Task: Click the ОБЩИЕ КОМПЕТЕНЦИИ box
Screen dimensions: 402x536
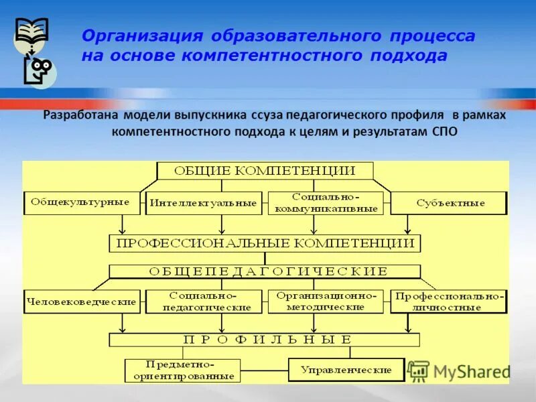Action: (x=265, y=170)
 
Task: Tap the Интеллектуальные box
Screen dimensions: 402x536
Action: (x=203, y=203)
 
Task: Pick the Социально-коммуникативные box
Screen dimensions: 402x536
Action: (x=326, y=203)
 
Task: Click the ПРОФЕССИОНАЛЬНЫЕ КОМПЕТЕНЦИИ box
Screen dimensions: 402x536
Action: (x=265, y=243)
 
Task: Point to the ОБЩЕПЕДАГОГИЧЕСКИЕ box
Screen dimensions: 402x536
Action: (x=265, y=271)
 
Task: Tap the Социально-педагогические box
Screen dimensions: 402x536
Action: (x=203, y=301)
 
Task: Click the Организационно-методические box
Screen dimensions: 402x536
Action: (x=326, y=301)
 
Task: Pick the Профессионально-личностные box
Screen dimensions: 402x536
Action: (x=448, y=301)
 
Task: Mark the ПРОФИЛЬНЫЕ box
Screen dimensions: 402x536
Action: (x=265, y=340)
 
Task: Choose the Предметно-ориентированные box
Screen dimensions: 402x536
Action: (x=182, y=371)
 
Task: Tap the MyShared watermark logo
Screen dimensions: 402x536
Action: (x=459, y=371)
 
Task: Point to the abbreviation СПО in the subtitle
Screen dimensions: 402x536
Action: (x=442, y=131)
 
